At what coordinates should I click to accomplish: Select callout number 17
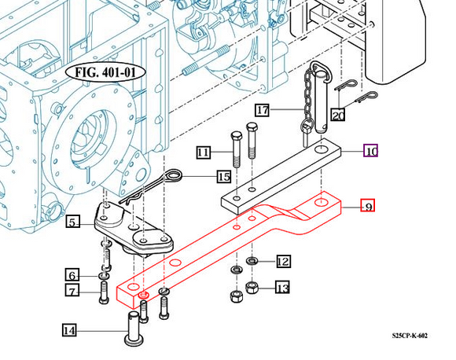pyautogui.click(x=262, y=111)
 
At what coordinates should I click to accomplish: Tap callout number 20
pyautogui.click(x=337, y=116)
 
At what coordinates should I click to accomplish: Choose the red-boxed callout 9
pyautogui.click(x=366, y=207)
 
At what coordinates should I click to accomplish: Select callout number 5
pyautogui.click(x=72, y=222)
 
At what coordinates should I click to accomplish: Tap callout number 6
pyautogui.click(x=72, y=275)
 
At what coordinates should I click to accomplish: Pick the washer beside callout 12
pyautogui.click(x=252, y=260)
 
